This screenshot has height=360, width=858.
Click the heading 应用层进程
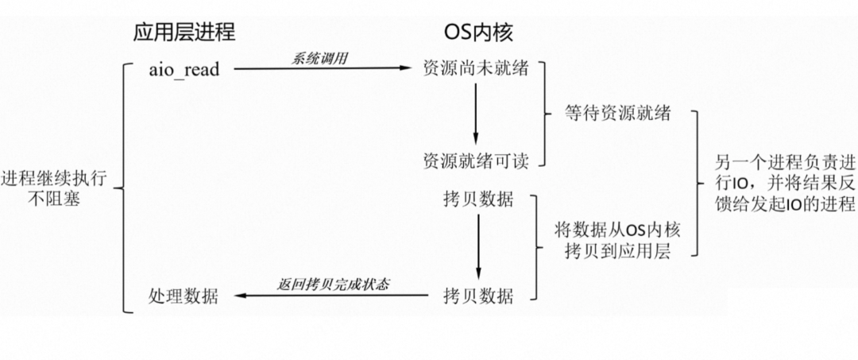click(184, 32)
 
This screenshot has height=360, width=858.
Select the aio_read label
click(184, 69)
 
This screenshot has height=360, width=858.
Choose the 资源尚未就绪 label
click(473, 69)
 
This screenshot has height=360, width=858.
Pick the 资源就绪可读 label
click(473, 159)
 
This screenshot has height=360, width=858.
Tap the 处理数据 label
click(183, 296)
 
